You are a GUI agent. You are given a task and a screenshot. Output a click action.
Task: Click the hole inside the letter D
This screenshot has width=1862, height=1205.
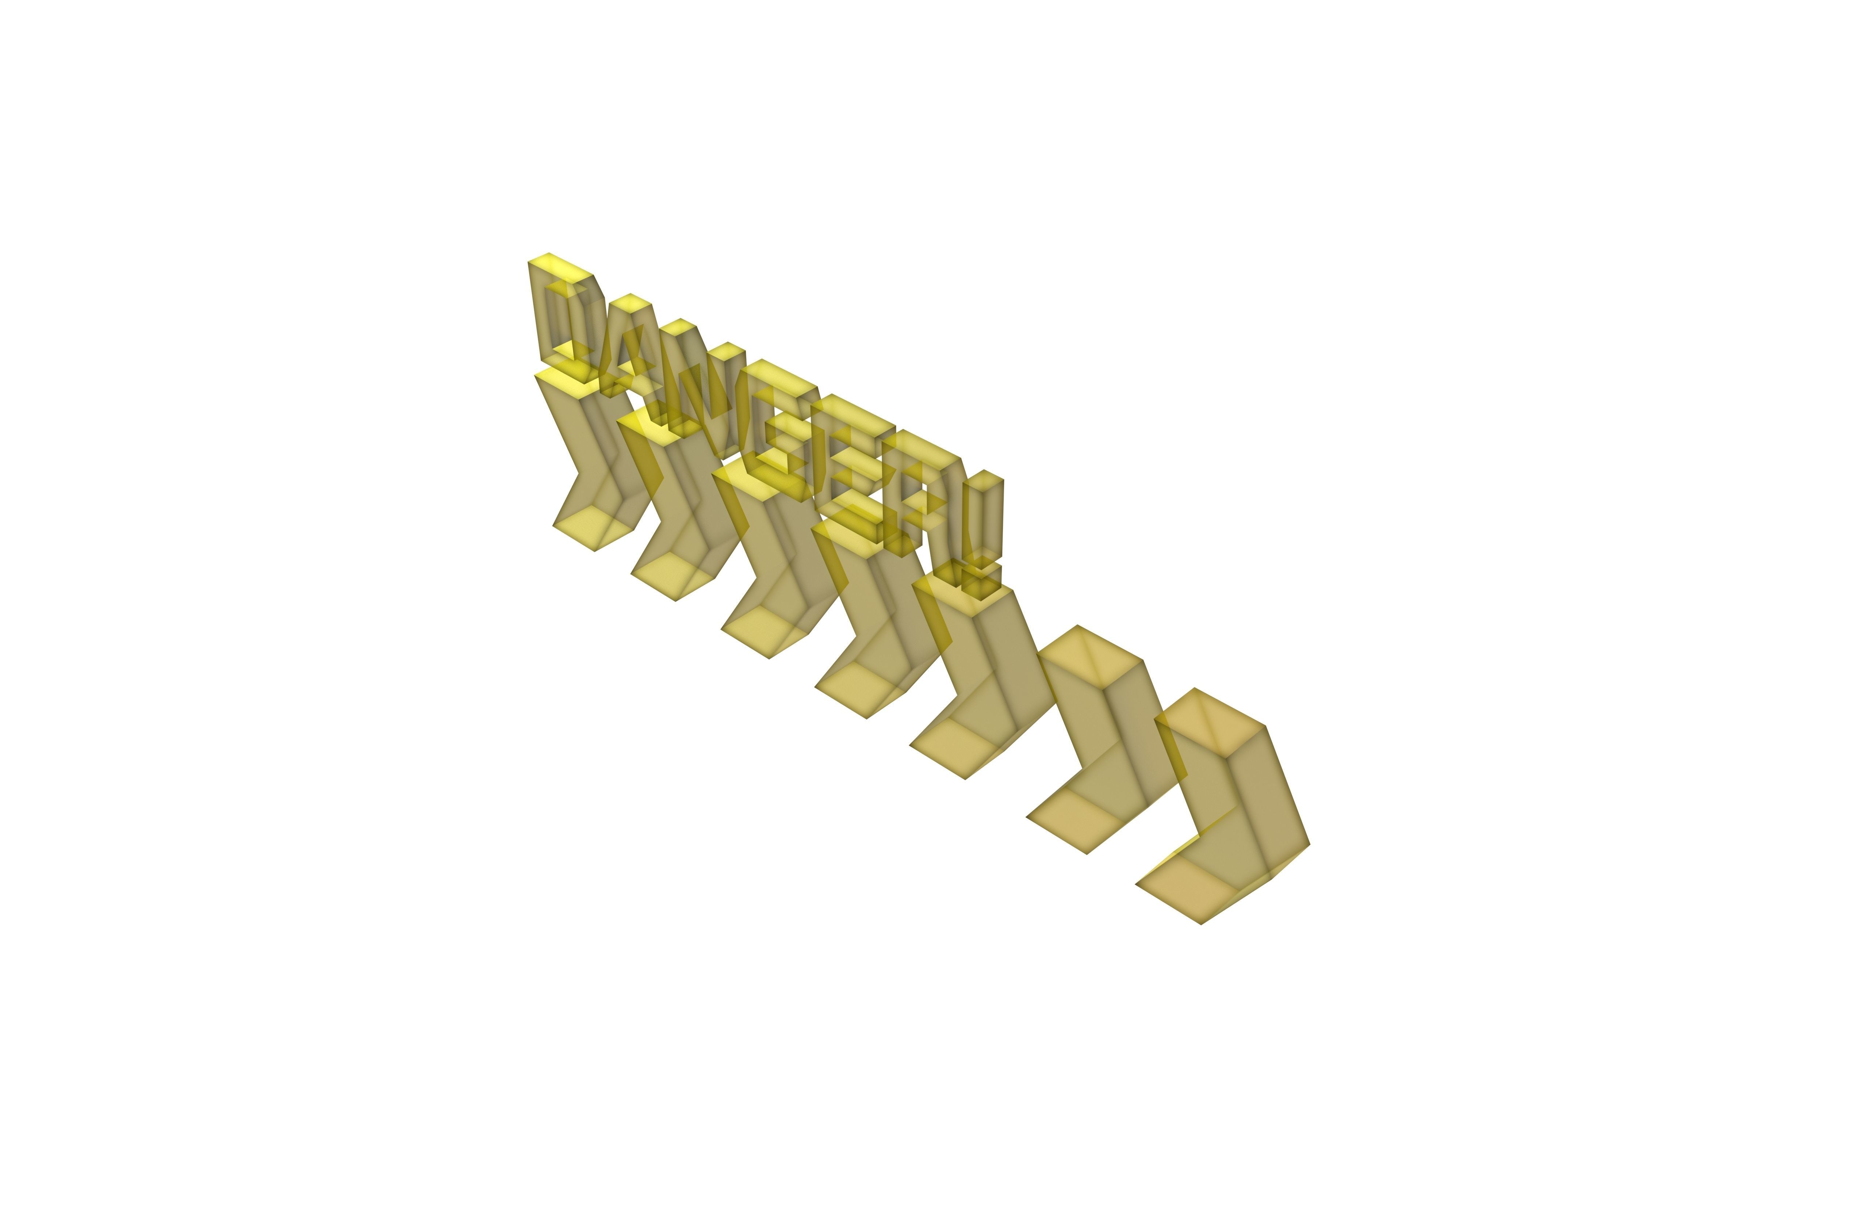coord(565,321)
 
